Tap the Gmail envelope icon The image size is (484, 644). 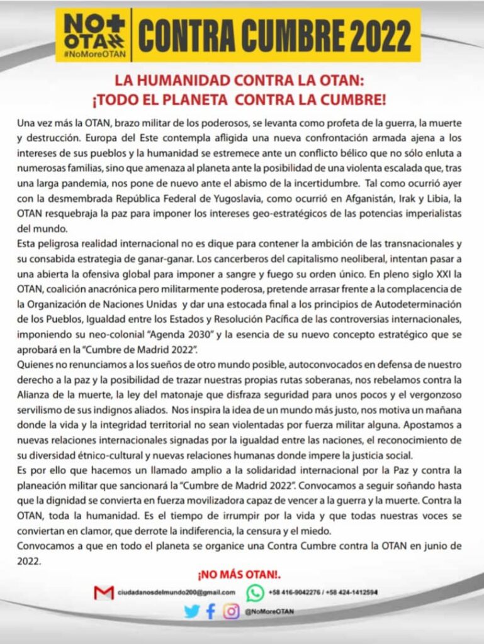pos(103,592)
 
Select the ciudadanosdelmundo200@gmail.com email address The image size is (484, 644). pos(176,592)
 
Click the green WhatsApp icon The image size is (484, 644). pos(255,592)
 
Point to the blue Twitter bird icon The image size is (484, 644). pos(191,611)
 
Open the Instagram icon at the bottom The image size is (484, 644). pos(232,611)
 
